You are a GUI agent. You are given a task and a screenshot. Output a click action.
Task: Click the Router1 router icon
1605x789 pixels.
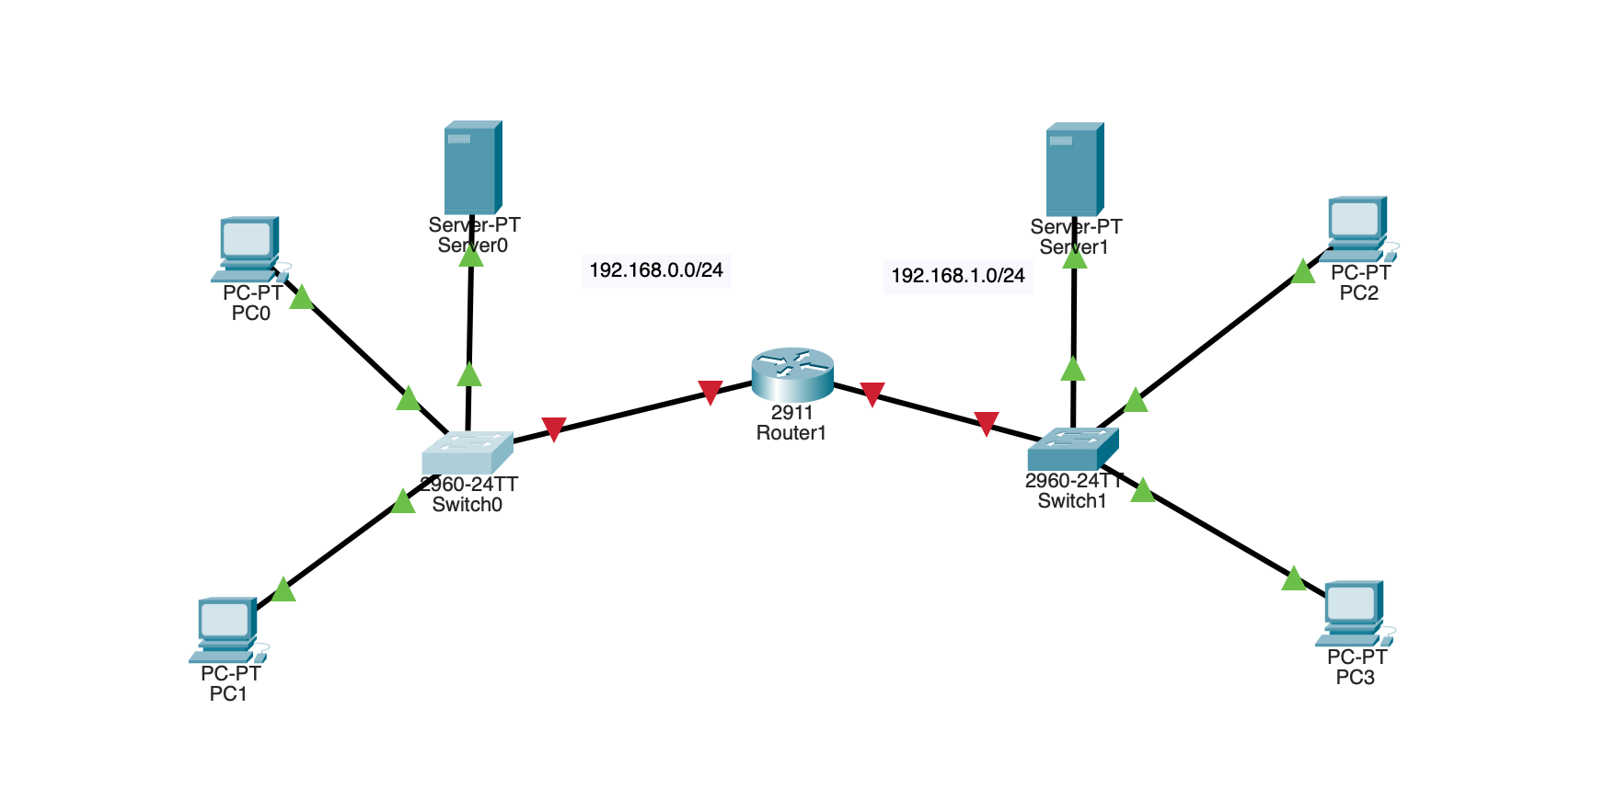click(x=792, y=373)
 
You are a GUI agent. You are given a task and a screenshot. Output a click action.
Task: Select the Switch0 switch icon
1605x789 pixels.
click(x=468, y=452)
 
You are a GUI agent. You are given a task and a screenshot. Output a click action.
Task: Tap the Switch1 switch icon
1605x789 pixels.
click(x=1073, y=449)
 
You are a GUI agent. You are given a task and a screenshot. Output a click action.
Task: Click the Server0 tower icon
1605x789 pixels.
click(x=473, y=167)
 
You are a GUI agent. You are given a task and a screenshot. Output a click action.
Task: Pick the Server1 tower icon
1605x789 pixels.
click(x=1074, y=169)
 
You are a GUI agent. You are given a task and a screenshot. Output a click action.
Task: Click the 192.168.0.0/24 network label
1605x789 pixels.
click(x=656, y=270)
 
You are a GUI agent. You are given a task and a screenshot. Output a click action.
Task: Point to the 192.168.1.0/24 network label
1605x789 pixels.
click(x=958, y=276)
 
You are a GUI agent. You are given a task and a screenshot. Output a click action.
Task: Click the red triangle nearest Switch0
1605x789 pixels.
click(x=553, y=429)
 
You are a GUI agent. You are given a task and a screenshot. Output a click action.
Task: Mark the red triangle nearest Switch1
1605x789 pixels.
click(x=986, y=423)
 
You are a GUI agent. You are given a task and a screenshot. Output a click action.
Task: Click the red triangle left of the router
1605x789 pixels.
click(x=710, y=392)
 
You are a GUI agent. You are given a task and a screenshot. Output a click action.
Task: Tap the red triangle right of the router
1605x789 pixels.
click(x=872, y=394)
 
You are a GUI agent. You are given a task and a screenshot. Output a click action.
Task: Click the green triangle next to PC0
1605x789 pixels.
click(x=302, y=298)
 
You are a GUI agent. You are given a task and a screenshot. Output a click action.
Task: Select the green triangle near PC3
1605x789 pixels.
click(x=1293, y=579)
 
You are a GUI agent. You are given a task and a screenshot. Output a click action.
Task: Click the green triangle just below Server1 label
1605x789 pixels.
click(x=1074, y=258)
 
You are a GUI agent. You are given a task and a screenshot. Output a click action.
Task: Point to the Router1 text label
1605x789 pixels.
click(x=791, y=433)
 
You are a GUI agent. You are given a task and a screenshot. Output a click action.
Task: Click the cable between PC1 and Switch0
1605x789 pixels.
click(x=342, y=546)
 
